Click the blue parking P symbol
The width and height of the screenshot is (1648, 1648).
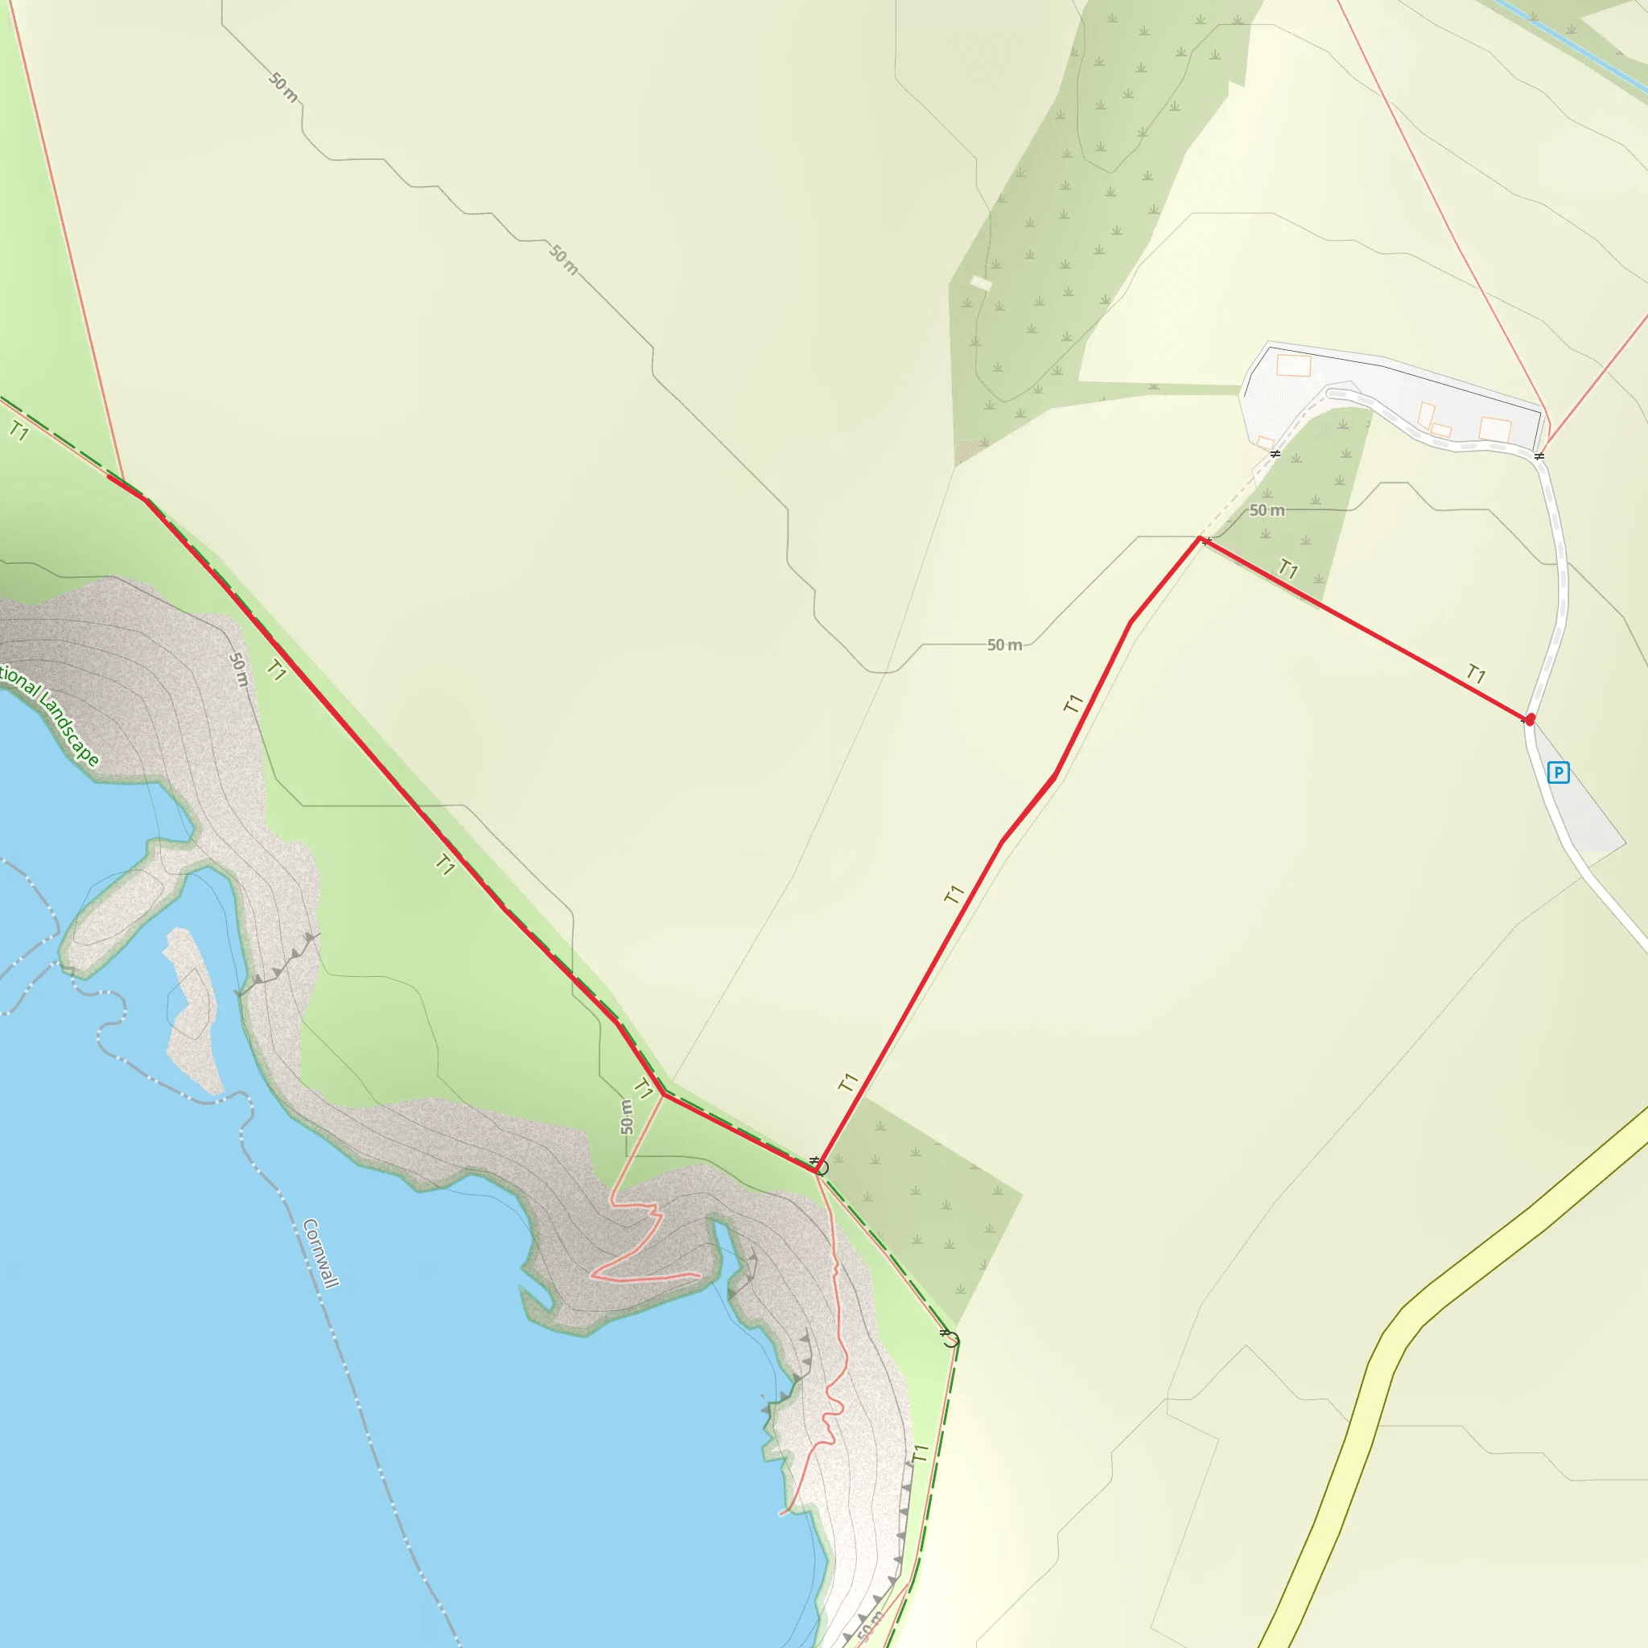pos(1559,772)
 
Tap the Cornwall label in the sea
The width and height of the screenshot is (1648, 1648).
pos(322,1253)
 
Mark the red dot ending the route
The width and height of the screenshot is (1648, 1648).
pos(1531,719)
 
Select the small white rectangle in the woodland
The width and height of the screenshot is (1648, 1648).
pos(982,282)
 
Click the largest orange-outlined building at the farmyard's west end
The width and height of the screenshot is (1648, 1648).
pos(1293,366)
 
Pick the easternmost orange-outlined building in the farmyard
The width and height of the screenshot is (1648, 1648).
pos(1495,429)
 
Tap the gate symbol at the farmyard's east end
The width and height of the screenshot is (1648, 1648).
pos(1539,456)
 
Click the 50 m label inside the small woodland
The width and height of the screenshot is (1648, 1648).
pos(1267,510)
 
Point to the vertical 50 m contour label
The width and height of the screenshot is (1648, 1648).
pos(627,1117)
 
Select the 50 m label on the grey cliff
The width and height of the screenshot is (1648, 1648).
pos(239,669)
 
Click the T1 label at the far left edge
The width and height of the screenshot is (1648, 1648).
pos(19,431)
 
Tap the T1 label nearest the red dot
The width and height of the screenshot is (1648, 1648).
pos(1476,674)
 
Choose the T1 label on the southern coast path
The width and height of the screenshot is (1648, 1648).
pos(920,1453)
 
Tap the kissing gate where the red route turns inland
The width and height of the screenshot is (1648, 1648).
pos(818,1165)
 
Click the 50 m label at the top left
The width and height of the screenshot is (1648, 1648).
pos(283,87)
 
